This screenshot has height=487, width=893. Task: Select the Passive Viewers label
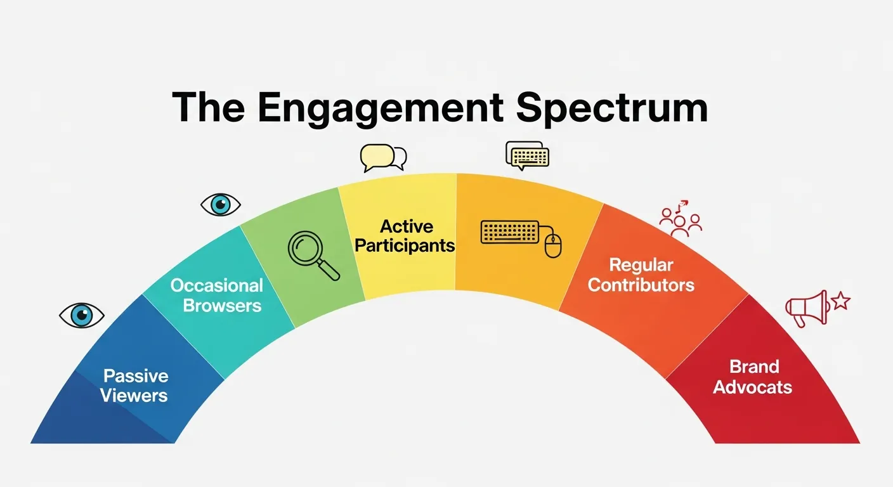click(x=134, y=386)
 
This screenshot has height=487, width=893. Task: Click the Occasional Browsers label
click(x=217, y=295)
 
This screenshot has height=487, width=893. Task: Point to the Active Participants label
click(x=405, y=236)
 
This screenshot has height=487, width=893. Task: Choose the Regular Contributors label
click(x=641, y=275)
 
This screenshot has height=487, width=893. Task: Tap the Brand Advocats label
click(x=753, y=377)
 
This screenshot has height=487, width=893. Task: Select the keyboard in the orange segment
click(x=510, y=231)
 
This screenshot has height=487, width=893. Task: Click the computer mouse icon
click(x=553, y=245)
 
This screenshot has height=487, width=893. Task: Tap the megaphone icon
click(x=807, y=309)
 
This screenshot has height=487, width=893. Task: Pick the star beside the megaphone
click(x=842, y=301)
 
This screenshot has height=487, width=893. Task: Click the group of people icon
click(x=681, y=223)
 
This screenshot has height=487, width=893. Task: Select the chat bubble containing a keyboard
click(x=528, y=155)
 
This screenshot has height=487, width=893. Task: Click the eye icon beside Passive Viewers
click(x=82, y=315)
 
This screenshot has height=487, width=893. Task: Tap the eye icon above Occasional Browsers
click(x=221, y=205)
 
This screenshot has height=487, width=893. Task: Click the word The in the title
click(x=209, y=107)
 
